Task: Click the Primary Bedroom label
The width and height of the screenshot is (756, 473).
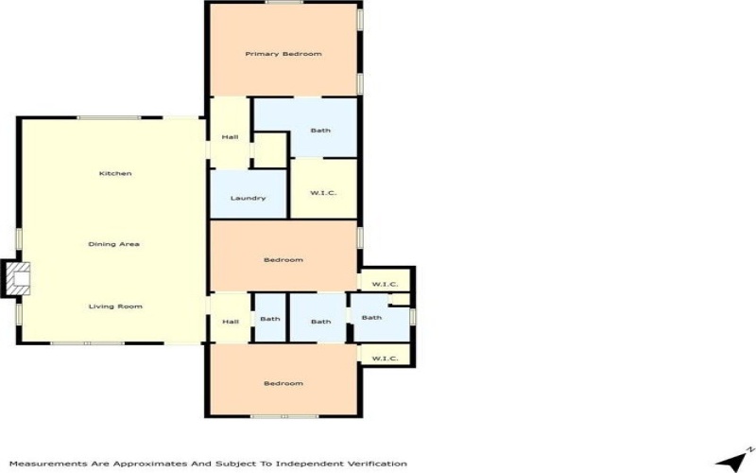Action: (283, 54)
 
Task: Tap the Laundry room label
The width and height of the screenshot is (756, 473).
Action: (248, 198)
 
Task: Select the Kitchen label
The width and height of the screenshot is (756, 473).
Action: (115, 173)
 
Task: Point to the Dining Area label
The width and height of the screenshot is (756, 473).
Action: (113, 244)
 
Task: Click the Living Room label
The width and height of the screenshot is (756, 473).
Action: (115, 307)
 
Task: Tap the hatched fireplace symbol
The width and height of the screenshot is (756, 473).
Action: (18, 278)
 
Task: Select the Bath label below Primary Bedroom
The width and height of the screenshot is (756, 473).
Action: (320, 131)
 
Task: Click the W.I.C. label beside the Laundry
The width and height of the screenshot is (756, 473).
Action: (323, 193)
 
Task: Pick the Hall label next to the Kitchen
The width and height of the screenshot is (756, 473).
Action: (230, 137)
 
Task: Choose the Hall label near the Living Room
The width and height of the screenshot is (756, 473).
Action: (231, 322)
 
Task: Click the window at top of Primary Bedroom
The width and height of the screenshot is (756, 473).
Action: (284, 2)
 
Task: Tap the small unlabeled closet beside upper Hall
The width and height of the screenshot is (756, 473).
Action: (270, 150)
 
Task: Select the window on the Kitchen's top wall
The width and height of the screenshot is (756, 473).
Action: (109, 117)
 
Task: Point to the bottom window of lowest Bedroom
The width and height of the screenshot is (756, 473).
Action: (284, 416)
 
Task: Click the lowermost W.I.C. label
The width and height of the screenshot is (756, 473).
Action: (385, 359)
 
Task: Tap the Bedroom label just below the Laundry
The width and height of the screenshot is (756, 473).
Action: (283, 260)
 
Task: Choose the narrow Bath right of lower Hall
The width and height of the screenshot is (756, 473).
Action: (270, 319)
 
